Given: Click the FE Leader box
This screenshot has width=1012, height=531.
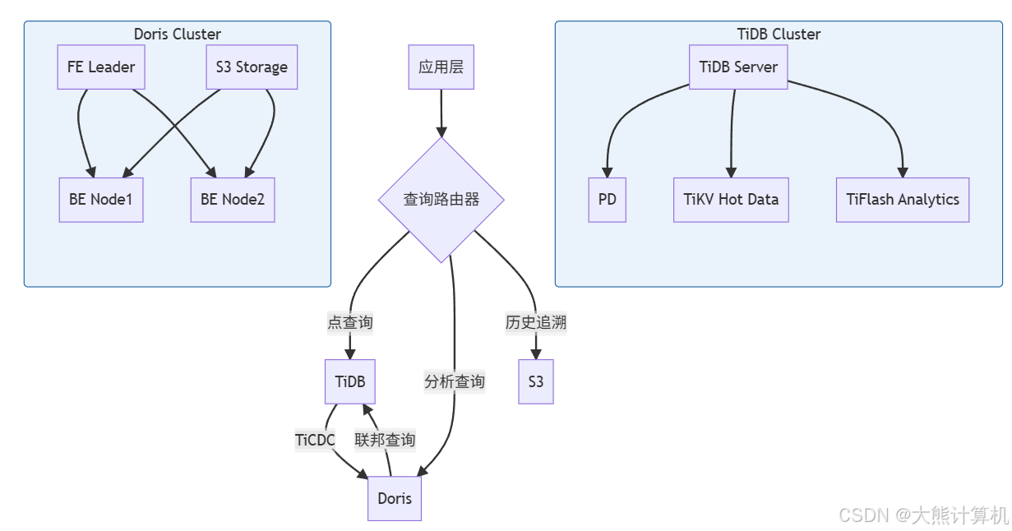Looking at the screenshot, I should click(x=101, y=67).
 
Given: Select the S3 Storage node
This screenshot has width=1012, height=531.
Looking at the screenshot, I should click(x=251, y=67).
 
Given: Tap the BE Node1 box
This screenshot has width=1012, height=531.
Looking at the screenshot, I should click(x=101, y=199).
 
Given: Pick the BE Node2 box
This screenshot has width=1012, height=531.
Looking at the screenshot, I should click(x=233, y=199).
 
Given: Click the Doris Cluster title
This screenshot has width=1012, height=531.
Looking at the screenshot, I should click(x=177, y=35).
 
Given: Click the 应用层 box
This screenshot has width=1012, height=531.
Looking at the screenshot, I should click(x=441, y=67).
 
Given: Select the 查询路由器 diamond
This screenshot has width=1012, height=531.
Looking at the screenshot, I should click(x=441, y=200).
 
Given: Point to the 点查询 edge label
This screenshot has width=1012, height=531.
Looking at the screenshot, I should click(x=350, y=322).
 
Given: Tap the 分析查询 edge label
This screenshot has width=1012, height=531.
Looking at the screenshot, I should click(x=455, y=381).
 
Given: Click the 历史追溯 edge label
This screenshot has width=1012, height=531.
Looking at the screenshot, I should click(x=536, y=322).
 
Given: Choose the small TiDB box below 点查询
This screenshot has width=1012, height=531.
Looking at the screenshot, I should click(x=350, y=381).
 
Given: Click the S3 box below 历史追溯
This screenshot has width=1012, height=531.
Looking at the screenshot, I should click(x=536, y=381).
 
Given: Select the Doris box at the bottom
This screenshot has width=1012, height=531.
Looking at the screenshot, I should click(x=395, y=498).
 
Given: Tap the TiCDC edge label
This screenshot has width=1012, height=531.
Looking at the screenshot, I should click(x=315, y=440).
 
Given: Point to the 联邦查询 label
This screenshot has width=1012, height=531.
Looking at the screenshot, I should click(x=385, y=440).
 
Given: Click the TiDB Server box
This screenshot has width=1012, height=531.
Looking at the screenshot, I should click(x=738, y=67).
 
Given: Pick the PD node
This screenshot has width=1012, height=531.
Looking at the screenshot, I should click(x=608, y=199).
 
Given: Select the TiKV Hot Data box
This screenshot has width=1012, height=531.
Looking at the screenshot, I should click(x=731, y=199).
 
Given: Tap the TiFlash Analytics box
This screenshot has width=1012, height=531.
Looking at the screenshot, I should click(x=903, y=199).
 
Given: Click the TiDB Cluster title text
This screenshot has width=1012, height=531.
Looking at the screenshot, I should click(x=779, y=35).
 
